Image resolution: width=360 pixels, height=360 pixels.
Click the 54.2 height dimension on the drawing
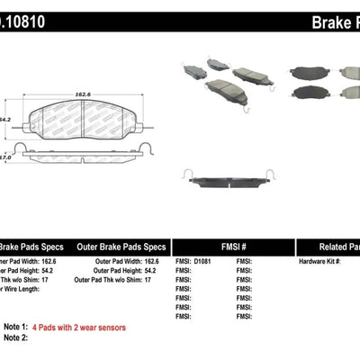tap(8, 118)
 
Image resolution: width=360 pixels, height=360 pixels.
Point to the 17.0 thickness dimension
tap(7, 157)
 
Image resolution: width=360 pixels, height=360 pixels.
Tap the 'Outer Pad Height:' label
tap(121, 271)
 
